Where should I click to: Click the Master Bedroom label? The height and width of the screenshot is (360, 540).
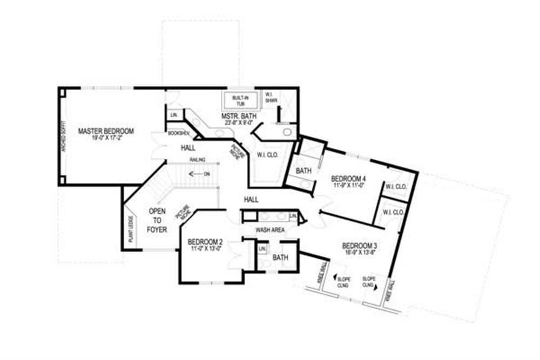(106, 131)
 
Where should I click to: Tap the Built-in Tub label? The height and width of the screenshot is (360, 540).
(240, 100)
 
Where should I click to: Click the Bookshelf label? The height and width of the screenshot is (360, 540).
(178, 133)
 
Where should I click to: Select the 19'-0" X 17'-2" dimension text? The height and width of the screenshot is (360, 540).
(105, 138)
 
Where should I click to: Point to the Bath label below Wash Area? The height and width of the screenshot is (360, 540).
(280, 258)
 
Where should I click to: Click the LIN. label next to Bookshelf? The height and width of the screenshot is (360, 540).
(174, 115)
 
